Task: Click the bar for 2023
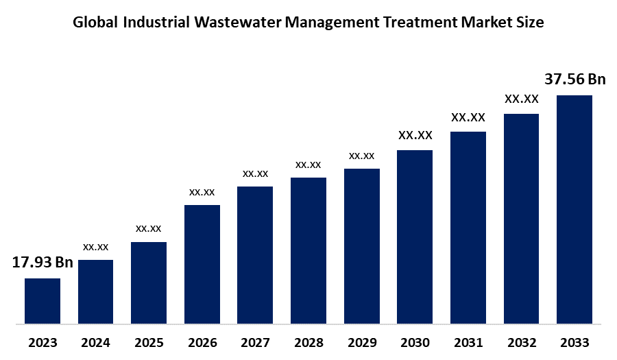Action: coord(43,300)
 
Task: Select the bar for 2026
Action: coord(202,264)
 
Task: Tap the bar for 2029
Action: coord(362,245)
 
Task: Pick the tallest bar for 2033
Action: coord(574,209)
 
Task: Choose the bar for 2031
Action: coord(468,227)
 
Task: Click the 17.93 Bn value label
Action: coord(43,263)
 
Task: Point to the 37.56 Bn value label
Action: coord(574,80)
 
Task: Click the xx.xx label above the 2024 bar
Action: coord(96,246)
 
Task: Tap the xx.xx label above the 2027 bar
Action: coord(255,173)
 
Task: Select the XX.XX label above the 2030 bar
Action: coord(415,135)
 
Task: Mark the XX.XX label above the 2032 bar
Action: coord(521,99)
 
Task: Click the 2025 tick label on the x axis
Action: coord(149,343)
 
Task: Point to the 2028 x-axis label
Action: coord(308,343)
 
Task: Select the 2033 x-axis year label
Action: coord(574,343)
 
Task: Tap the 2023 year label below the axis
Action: coord(43,343)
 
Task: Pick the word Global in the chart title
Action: coord(95,23)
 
